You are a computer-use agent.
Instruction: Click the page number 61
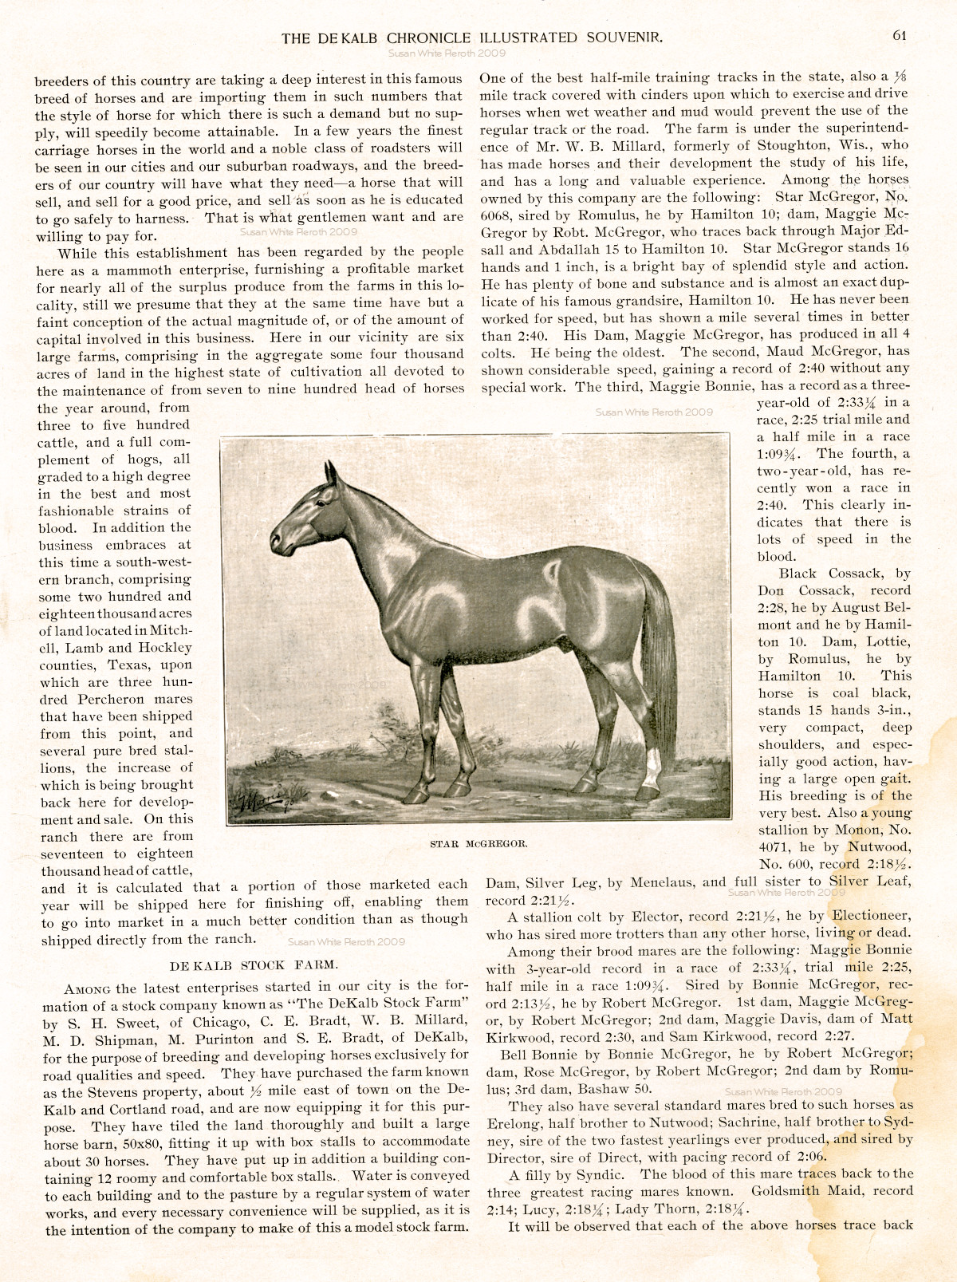900,35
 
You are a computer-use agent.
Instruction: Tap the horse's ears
333,472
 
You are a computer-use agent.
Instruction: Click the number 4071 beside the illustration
774,847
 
